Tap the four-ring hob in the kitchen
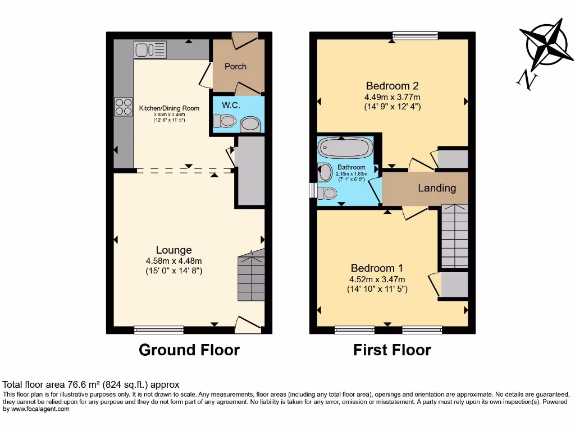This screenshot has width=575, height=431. click(123, 107)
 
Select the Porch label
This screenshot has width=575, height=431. click(235, 66)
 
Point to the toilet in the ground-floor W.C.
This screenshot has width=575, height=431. click(225, 121)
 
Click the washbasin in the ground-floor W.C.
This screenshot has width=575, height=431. click(250, 125)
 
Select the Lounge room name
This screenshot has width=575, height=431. click(174, 250)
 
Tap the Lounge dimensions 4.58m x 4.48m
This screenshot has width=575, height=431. click(174, 261)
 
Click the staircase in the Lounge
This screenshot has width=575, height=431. click(251, 277)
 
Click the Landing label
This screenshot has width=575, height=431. click(436, 188)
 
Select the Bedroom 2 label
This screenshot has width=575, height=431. click(392, 86)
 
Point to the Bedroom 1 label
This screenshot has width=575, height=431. click(377, 268)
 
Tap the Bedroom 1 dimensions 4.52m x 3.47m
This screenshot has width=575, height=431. click(377, 279)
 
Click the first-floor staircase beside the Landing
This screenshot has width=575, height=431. click(454, 236)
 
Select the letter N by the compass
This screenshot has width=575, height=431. click(527, 81)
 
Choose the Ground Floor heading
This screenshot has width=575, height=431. click(189, 350)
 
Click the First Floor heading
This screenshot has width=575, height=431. click(392, 350)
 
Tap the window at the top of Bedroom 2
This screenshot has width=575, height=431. click(415, 36)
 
